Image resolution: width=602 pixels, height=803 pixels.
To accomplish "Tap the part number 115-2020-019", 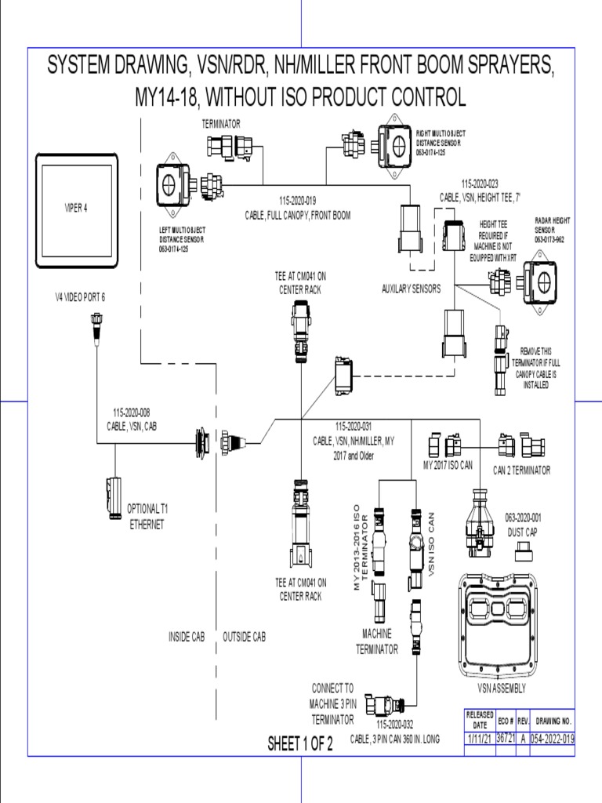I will point(297,200).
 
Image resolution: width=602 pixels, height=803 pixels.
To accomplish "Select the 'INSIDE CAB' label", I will point(187,637).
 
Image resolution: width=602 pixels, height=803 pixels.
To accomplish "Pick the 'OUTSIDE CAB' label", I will point(245,637).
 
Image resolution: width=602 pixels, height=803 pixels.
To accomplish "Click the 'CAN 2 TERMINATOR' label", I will point(521,471).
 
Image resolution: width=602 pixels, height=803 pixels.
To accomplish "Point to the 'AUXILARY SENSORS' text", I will point(411,289).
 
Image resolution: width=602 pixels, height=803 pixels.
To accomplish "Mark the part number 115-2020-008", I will point(131,412).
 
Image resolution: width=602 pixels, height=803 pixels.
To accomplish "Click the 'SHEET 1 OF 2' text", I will point(300,743).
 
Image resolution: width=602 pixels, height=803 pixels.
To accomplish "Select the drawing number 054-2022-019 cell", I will point(553,739).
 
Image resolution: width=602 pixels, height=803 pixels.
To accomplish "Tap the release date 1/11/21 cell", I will point(480,739).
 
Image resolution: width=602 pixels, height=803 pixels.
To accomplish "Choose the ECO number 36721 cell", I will point(506,739).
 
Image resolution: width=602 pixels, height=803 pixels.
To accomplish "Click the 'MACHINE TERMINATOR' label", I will point(377,641).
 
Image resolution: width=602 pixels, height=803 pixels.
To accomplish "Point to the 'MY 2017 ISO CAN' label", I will point(448,465).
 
